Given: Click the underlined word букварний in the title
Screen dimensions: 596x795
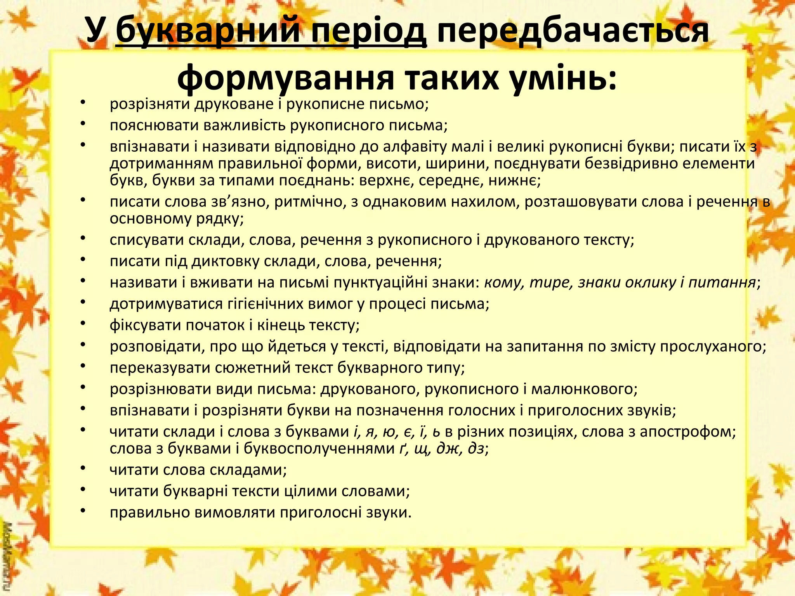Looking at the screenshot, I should coord(208,31).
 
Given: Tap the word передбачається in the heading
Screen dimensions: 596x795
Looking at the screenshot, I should coord(573,31).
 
